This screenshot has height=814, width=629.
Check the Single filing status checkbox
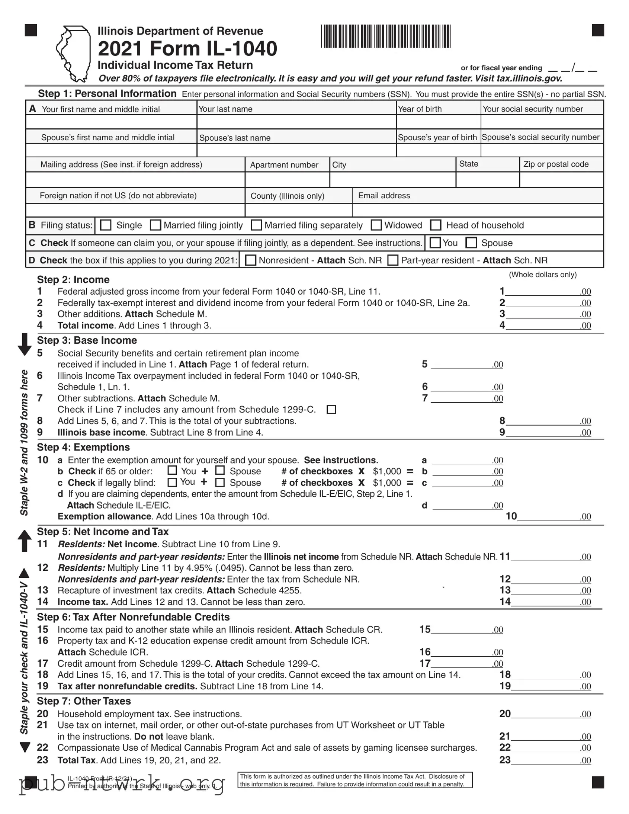(106, 225)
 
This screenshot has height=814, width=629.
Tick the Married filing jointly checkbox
(155, 225)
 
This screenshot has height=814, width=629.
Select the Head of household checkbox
(436, 225)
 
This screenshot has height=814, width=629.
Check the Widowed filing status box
(376, 225)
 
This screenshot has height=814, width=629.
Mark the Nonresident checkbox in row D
(251, 260)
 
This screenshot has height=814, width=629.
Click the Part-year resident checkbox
(393, 260)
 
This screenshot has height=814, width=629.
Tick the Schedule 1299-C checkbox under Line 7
(331, 410)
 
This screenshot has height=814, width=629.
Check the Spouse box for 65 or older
(220, 471)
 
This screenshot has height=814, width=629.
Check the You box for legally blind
(172, 482)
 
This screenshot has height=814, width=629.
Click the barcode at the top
(386, 36)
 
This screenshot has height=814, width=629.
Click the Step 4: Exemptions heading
(83, 447)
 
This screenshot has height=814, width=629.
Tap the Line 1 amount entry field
(542, 291)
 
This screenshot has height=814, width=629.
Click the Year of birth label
(420, 109)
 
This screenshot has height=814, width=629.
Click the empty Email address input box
(477, 210)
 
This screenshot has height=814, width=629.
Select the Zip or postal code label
(556, 164)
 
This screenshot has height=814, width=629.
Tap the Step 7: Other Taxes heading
(84, 701)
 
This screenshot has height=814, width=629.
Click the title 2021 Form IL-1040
(187, 48)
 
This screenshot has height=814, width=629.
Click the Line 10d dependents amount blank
(462, 505)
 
